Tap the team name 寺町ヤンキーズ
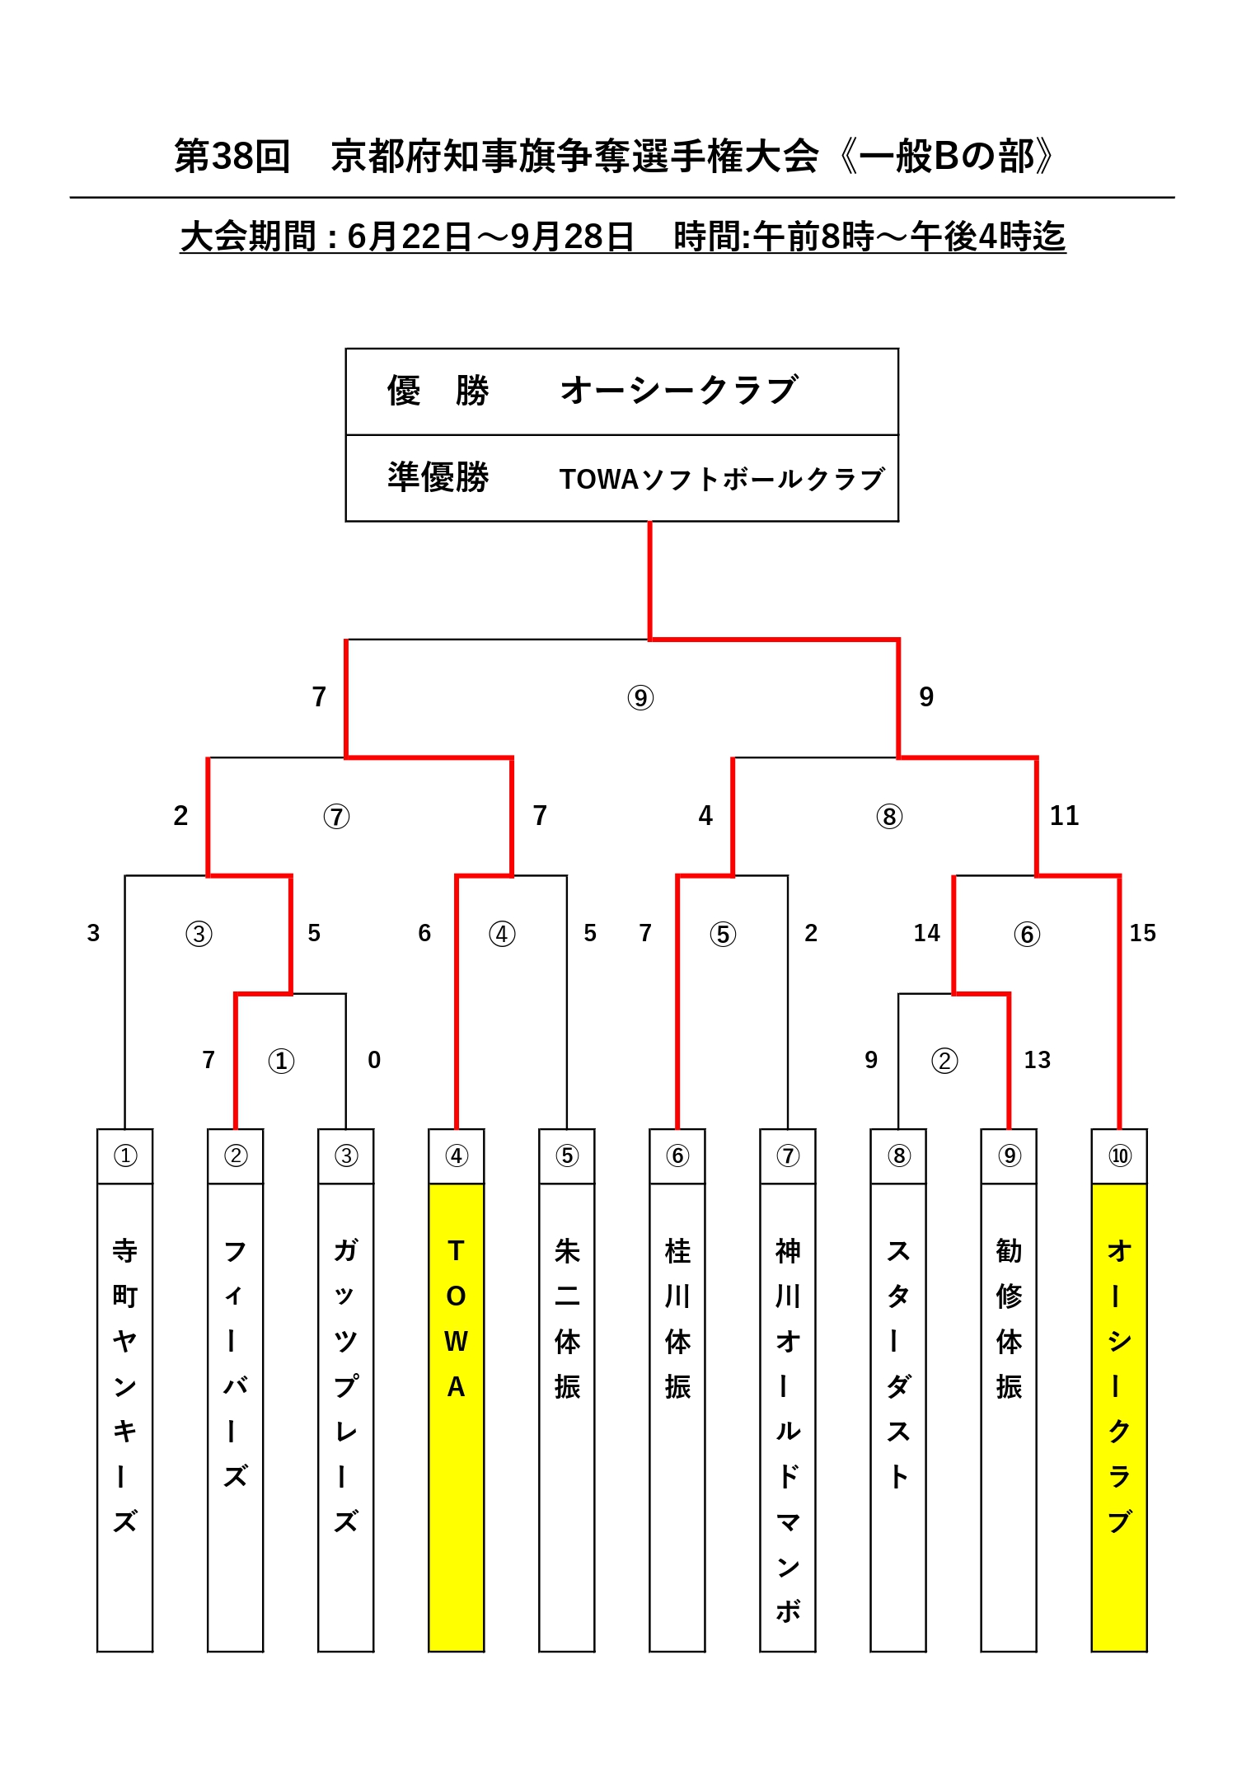124,1385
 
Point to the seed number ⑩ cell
1118,1156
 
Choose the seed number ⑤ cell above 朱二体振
566,1156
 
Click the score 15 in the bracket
1141,933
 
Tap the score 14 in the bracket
925,933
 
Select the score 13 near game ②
1036,1060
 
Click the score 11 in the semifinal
1063,816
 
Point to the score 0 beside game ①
373,1060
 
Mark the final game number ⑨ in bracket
640,698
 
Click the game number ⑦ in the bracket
335,817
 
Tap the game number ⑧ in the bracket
888,817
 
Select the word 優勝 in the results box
438,391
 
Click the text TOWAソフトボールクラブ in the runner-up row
721,479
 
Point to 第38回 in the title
232,156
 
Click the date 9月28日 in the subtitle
572,237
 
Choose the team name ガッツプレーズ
345,1385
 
